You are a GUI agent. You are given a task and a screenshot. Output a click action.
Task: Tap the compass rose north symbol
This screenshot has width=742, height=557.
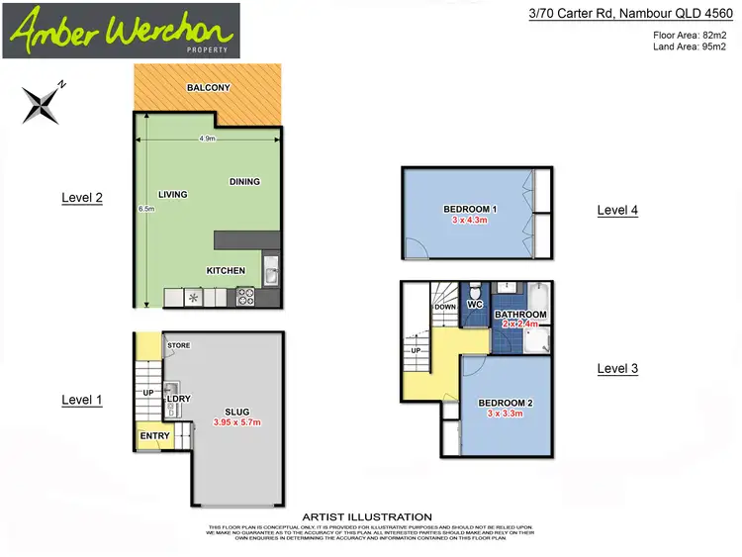click(43, 100)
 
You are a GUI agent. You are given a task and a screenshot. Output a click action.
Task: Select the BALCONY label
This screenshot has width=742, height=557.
click(208, 88)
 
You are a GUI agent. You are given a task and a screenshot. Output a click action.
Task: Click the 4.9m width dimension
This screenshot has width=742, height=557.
click(208, 139)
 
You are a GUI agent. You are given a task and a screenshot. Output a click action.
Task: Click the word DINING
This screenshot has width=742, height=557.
click(244, 181)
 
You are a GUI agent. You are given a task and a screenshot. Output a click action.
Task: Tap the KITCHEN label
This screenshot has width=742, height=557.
click(226, 270)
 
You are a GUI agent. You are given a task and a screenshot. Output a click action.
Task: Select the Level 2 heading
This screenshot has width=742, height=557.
click(82, 198)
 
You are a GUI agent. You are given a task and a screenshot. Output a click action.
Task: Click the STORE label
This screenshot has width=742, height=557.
click(178, 345)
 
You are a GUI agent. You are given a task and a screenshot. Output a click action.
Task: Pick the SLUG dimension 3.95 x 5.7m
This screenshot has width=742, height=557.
click(236, 422)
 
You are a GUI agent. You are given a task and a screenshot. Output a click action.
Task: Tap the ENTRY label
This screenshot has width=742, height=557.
click(155, 435)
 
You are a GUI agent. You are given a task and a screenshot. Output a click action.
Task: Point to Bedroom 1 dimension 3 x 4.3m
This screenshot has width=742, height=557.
click(470, 221)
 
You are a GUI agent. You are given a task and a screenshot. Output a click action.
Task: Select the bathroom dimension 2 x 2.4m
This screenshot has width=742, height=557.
click(520, 324)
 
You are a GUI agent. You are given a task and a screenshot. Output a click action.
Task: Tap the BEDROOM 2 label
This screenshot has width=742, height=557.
click(506, 403)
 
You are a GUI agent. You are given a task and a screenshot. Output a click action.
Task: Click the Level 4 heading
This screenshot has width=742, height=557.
click(617, 210)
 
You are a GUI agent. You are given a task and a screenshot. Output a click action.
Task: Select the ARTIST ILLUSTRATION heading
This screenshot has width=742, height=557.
click(366, 516)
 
